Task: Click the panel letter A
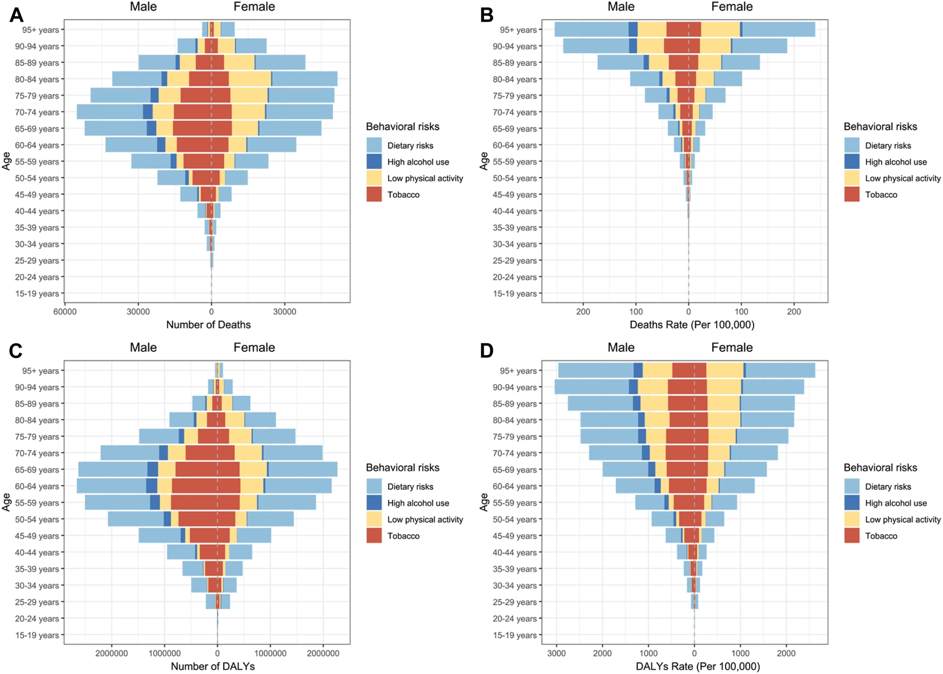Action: coord(16,15)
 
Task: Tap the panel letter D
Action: coord(486,351)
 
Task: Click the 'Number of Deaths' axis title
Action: coord(208,325)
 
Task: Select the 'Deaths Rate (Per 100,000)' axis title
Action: coord(692,325)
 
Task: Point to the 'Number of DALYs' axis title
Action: coord(212,666)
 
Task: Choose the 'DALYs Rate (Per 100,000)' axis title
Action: coord(698,666)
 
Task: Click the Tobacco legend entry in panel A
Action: coord(403,195)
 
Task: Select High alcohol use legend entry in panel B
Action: coord(896,162)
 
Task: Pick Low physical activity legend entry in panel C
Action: coord(425,520)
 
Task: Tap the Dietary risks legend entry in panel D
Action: coord(888,487)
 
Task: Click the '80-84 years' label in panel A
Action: coord(37,79)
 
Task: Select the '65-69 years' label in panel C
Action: coord(37,470)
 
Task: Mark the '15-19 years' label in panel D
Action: coord(515,635)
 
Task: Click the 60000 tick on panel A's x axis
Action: coord(65,311)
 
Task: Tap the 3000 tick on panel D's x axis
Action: coord(557,653)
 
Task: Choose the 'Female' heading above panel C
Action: coord(254,348)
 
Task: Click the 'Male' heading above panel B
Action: coord(621,7)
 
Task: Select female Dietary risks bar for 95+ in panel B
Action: coord(779,30)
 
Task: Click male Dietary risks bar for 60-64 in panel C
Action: coord(111,486)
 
